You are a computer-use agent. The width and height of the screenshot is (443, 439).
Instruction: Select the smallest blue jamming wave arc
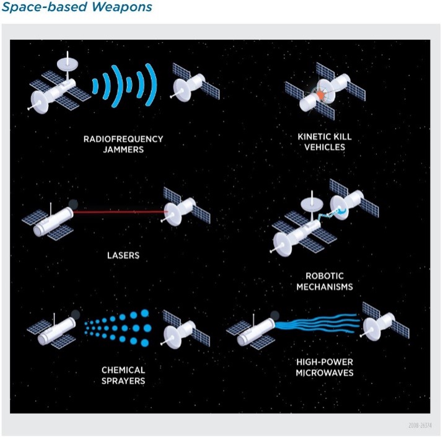(95, 87)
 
